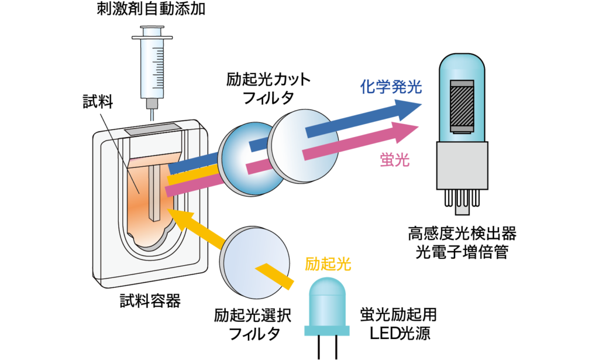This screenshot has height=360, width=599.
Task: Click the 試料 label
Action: tap(98, 102)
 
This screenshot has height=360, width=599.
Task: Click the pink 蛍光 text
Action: tap(391, 159)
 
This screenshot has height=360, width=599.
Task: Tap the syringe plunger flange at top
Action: tap(154, 37)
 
